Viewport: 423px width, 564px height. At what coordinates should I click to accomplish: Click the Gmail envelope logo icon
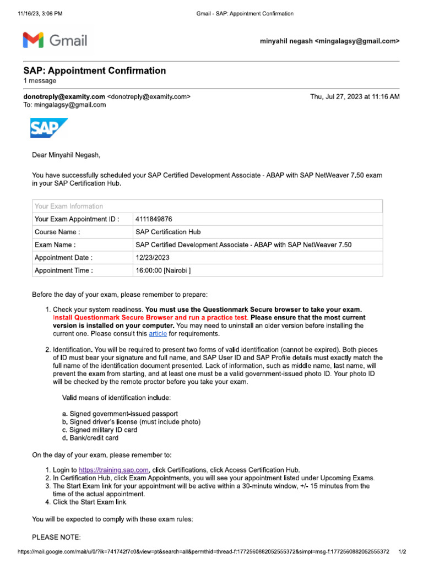point(32,40)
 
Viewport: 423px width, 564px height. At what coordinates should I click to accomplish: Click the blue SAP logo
point(49,128)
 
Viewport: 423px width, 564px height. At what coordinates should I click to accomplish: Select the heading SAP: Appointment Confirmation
point(94,70)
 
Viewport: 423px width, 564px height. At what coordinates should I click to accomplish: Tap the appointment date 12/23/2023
point(151,258)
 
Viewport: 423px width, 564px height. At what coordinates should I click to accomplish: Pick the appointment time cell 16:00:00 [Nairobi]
point(163,270)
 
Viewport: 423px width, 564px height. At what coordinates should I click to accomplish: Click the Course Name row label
point(57,232)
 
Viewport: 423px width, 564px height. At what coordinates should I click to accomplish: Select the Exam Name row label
point(55,245)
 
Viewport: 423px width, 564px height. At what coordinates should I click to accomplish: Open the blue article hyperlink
point(158,334)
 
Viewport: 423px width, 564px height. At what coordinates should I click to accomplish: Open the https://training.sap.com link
point(114,470)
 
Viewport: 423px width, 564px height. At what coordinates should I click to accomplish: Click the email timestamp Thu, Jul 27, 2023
point(355,97)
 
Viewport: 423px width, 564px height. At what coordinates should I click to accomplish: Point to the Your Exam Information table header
point(69,207)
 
